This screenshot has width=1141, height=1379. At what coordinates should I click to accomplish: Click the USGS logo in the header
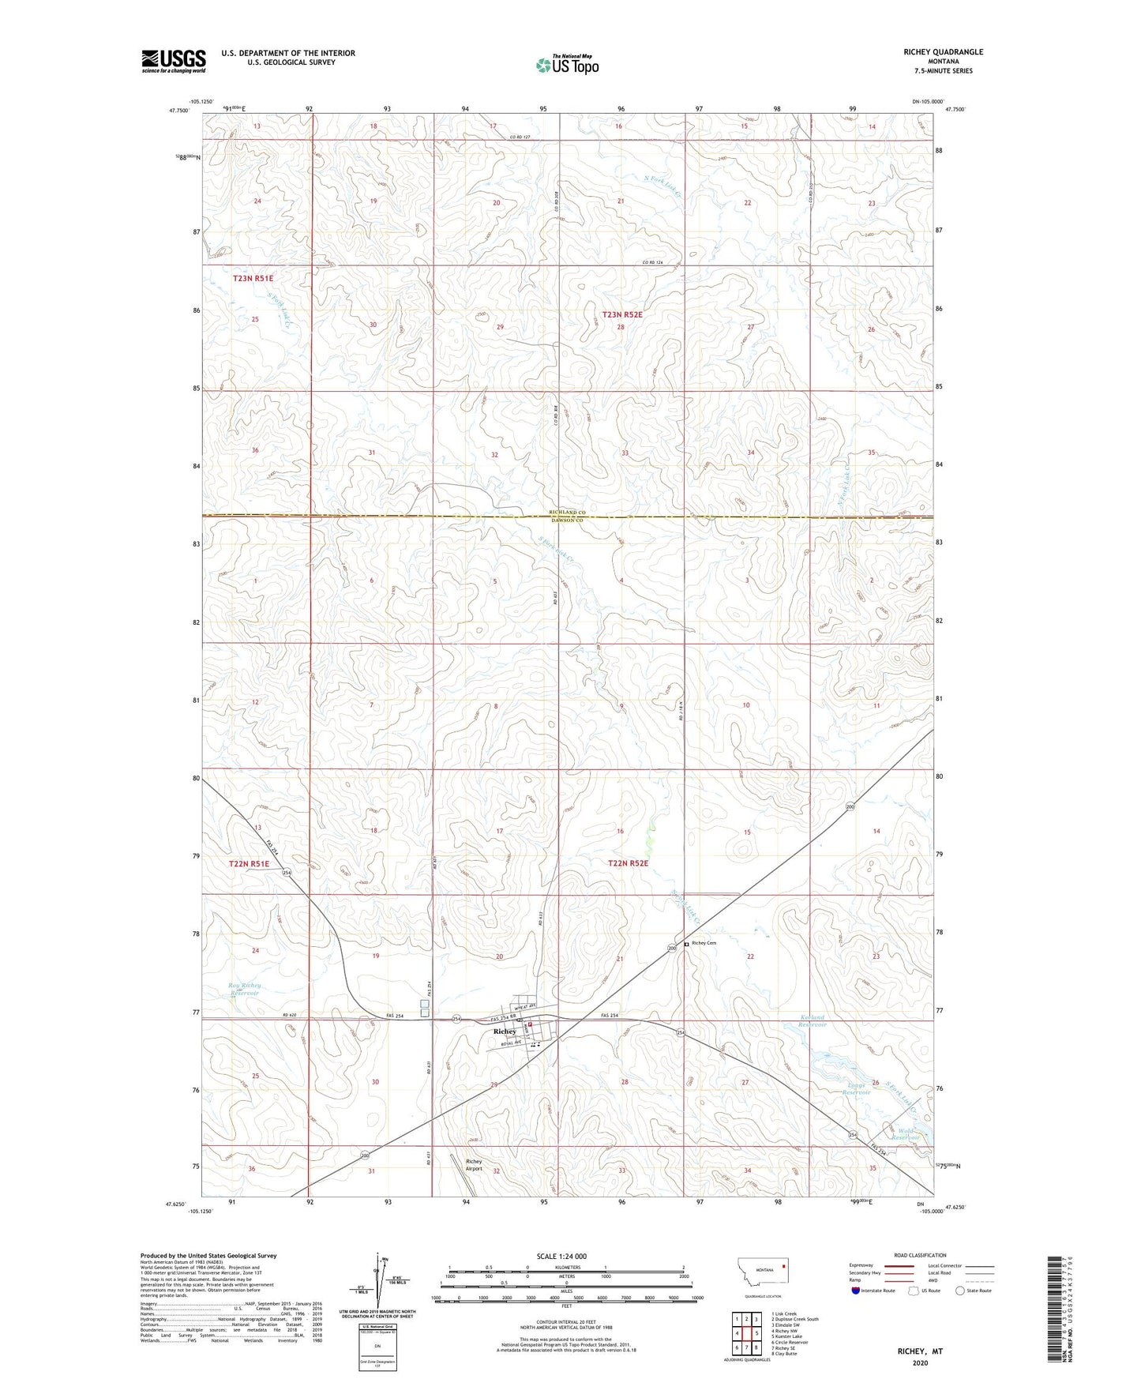click(x=174, y=61)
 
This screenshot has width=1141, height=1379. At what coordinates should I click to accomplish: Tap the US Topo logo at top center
click(x=567, y=66)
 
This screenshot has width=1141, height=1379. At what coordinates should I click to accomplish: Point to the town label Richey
click(x=505, y=1031)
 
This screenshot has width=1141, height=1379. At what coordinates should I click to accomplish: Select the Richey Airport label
click(x=474, y=1164)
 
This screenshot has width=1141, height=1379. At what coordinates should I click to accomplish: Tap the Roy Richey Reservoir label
click(x=244, y=989)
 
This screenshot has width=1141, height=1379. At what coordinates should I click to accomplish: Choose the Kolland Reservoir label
click(x=813, y=1020)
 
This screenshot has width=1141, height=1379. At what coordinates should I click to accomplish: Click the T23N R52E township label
click(x=622, y=314)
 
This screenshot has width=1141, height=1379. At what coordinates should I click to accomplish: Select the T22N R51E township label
click(x=249, y=864)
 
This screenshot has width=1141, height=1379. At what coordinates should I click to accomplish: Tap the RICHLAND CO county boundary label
click(x=570, y=513)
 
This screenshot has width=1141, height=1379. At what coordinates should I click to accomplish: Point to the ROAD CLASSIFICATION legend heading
click(x=919, y=1255)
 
